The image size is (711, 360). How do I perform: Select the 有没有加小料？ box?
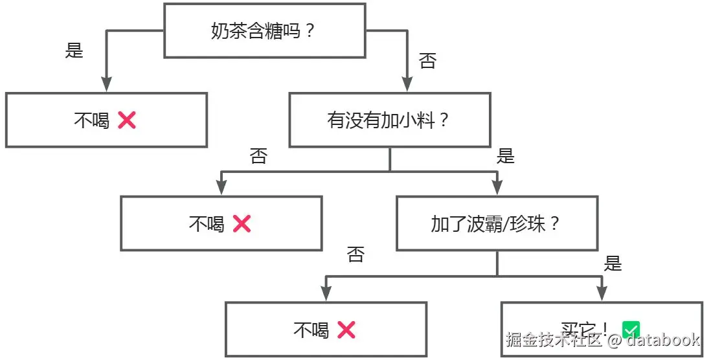point(389,120)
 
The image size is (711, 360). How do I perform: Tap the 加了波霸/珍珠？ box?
point(497,224)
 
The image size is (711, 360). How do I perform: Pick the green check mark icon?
point(630,329)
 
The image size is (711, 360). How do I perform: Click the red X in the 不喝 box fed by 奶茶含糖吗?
point(127,120)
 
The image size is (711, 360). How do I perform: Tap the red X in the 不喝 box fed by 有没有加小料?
point(242,224)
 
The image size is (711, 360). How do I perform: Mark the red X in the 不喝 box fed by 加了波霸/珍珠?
point(346,330)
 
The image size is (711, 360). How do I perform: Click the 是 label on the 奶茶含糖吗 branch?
point(74,51)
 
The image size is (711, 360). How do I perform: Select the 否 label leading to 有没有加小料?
point(428,62)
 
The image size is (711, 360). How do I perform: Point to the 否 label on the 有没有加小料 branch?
point(258,156)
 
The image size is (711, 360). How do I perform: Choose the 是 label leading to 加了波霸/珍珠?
point(505,156)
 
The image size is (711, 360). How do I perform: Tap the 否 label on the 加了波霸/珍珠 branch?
point(356,254)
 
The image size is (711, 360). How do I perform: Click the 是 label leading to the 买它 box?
point(613,264)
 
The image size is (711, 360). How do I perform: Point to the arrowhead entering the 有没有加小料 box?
point(407,84)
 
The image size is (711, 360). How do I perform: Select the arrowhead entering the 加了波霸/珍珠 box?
point(497,188)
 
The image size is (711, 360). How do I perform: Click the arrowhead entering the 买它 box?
point(602,293)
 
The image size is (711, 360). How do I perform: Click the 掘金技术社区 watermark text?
point(554,340)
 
